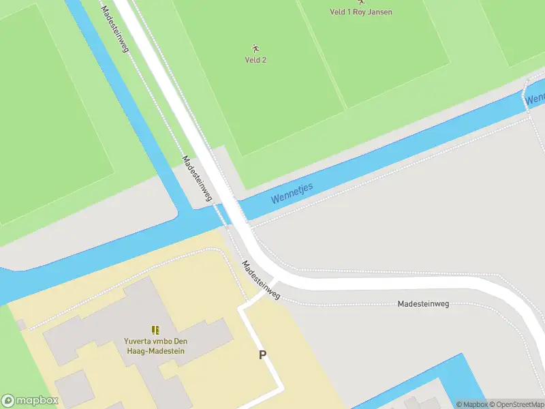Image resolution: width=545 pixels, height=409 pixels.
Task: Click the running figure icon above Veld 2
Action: [x=255, y=48]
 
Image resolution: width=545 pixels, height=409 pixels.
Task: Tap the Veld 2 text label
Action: [x=255, y=60]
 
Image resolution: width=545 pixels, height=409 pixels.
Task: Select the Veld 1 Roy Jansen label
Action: [x=360, y=12]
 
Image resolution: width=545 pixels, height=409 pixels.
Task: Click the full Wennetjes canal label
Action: [x=292, y=193]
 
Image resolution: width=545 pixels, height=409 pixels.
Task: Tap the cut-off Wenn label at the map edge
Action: [x=535, y=98]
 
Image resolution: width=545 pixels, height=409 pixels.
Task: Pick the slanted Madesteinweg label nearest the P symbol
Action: [x=261, y=280]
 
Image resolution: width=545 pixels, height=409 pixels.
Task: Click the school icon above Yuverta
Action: [x=155, y=330]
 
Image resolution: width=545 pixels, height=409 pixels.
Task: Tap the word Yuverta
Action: [x=138, y=342]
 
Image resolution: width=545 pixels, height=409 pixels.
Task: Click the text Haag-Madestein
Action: [x=155, y=351]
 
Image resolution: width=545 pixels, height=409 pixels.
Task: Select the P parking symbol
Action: [x=262, y=355]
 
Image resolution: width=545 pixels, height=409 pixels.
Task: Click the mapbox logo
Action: [x=30, y=401]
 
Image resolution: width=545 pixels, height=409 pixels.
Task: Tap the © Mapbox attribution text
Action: [x=471, y=404]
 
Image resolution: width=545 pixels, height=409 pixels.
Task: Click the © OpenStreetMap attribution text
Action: [x=516, y=404]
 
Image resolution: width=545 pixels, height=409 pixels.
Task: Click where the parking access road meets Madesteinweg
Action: [x=272, y=283]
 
